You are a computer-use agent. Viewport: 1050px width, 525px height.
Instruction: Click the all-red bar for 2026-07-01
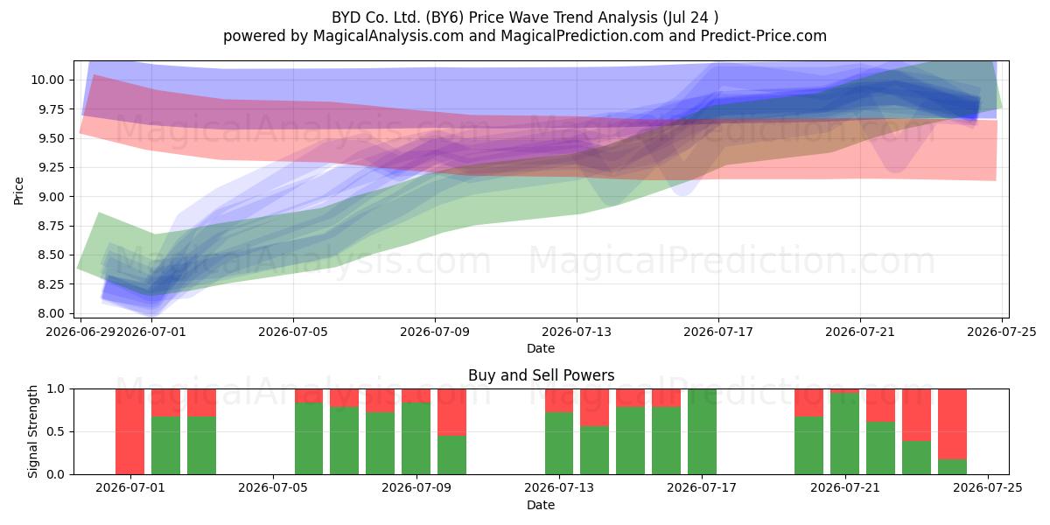coord(129,431)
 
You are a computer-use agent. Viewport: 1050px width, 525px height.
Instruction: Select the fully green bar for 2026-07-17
coord(702,431)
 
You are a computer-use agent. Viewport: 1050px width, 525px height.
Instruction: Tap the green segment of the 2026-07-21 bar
coord(845,434)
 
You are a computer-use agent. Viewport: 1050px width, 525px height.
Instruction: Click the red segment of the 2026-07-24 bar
coord(953,424)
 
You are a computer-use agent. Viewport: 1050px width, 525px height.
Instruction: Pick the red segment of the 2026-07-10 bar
coord(451,412)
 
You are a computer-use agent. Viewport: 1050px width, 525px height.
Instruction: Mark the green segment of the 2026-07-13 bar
coord(559,444)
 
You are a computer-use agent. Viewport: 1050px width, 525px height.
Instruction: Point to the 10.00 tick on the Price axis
coord(47,80)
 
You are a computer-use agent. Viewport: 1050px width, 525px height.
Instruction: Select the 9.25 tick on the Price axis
coord(50,168)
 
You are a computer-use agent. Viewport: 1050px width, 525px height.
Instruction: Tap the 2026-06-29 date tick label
coord(80,332)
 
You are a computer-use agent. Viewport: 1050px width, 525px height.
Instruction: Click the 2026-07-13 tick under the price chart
coord(577,332)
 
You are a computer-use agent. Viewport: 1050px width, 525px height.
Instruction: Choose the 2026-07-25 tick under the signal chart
coord(988,488)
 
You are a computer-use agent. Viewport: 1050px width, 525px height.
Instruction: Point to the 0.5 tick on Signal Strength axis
coord(56,431)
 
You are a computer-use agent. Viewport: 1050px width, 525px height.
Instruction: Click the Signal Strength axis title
coord(32,431)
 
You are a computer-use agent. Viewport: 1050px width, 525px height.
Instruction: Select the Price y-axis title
coord(18,191)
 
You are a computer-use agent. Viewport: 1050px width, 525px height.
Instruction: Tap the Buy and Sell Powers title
coord(541,375)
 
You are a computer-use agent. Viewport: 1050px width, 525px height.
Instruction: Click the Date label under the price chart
coord(541,348)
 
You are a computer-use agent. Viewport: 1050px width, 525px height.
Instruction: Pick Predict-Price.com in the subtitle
coord(764,36)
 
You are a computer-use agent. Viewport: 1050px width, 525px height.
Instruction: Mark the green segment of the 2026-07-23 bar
coord(916,458)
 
